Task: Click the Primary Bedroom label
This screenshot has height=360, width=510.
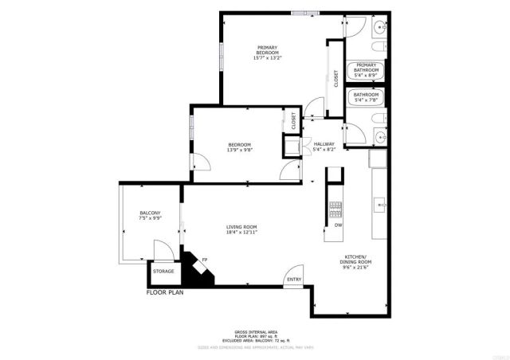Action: coord(267,52)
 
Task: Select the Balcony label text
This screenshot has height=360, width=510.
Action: coord(150,213)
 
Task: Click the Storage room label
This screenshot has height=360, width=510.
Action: coord(163,272)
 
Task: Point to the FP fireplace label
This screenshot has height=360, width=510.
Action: coord(205,260)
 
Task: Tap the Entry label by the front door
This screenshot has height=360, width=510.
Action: coord(294,279)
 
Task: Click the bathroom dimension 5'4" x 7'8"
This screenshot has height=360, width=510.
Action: coord(367,100)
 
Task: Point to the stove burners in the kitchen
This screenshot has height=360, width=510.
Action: coord(335,209)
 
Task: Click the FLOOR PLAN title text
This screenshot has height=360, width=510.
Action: coord(166,292)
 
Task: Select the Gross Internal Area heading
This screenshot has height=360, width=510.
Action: coord(255,331)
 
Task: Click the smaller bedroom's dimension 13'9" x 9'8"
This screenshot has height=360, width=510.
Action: coord(240,149)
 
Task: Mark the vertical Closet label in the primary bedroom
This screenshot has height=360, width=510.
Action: coord(336,77)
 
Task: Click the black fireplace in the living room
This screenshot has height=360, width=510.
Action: coord(197,272)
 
